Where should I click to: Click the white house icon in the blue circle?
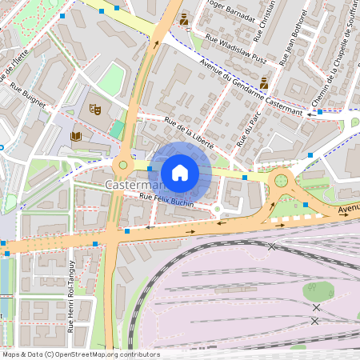pos(180,172)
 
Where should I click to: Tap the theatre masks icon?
pos(96,107)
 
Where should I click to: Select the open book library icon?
pos(77,137)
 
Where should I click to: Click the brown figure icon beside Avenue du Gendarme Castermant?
pos(264,82)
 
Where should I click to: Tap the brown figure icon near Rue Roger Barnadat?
pos(184,18)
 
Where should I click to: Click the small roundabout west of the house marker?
pos(122,166)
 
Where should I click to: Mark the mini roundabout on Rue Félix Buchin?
pos(216,210)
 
